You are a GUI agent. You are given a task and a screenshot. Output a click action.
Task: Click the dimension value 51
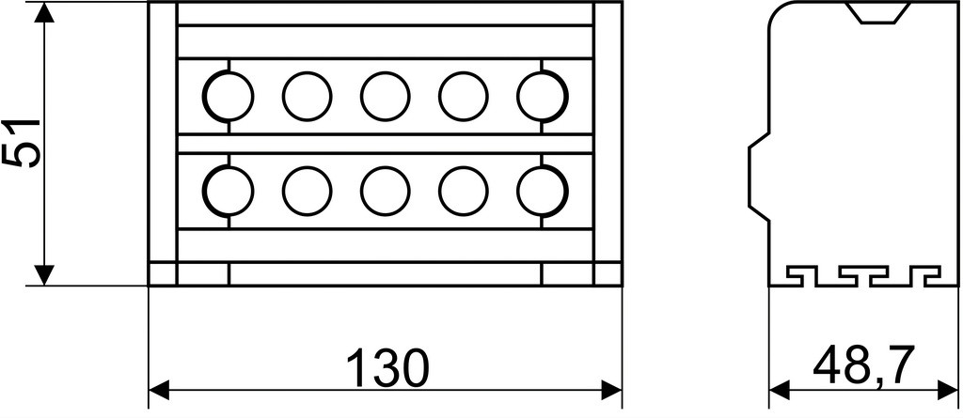[23, 143]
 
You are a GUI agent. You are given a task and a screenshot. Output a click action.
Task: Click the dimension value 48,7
[864, 364]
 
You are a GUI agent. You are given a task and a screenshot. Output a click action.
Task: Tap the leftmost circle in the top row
[228, 97]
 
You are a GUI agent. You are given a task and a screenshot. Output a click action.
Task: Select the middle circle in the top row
[385, 97]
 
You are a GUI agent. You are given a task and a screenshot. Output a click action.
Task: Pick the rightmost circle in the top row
[543, 97]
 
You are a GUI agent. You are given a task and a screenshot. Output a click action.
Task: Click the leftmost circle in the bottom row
[228, 191]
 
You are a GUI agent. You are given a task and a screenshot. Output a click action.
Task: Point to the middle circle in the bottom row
[385, 191]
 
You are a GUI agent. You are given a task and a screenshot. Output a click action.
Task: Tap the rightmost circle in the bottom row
[543, 191]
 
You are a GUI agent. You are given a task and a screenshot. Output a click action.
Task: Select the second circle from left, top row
[308, 97]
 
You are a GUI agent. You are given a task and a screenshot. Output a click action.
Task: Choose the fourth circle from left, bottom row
[464, 191]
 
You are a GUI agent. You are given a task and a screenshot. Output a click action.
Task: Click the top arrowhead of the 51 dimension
[44, 12]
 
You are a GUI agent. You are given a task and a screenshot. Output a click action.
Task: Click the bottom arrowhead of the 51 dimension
[44, 275]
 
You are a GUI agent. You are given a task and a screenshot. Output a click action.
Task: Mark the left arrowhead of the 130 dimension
[159, 390]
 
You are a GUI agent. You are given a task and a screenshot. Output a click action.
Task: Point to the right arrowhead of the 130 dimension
[611, 390]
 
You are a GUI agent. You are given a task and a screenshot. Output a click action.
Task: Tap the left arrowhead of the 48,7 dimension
[780, 390]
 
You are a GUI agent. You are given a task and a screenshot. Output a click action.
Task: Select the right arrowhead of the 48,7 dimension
[947, 390]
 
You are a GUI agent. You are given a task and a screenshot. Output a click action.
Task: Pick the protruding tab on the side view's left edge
[759, 177]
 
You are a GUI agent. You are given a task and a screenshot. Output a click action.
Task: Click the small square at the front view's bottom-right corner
[608, 273]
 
